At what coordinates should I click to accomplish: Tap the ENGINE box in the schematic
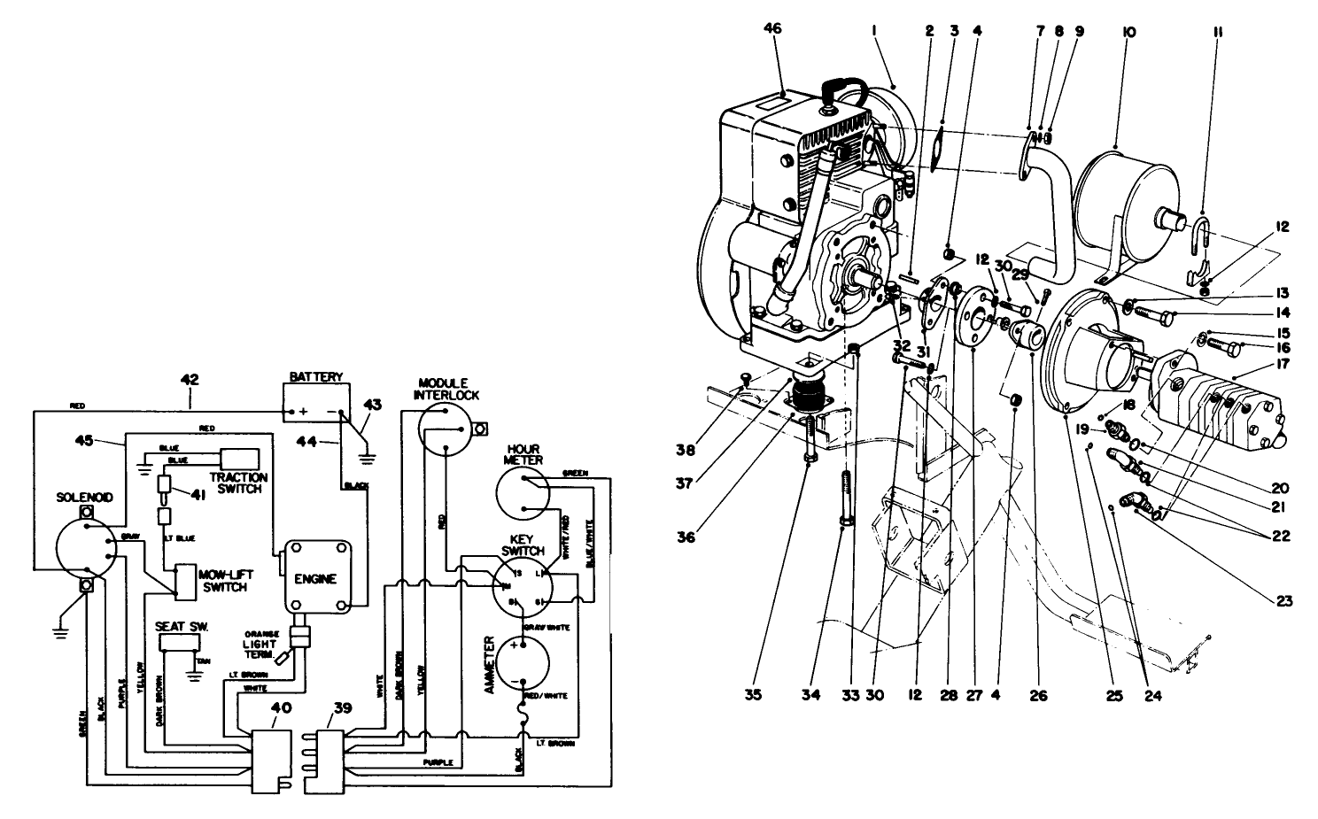pyautogui.click(x=317, y=577)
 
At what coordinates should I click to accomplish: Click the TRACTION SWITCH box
pyautogui.click(x=239, y=459)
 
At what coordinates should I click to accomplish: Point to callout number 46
pyautogui.click(x=773, y=29)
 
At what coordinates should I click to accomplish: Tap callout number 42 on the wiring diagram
pyautogui.click(x=190, y=380)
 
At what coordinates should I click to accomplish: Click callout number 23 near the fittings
pyautogui.click(x=1283, y=601)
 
